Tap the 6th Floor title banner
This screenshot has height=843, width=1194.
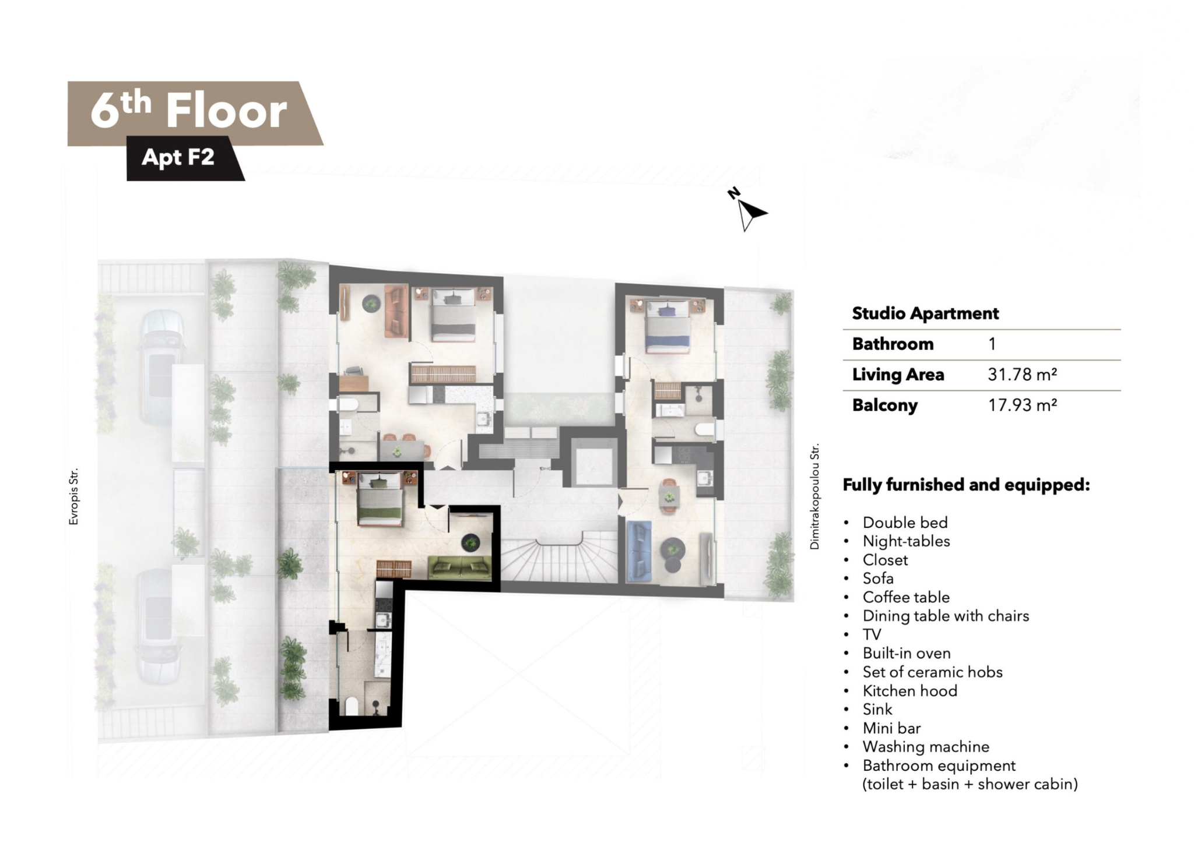195,113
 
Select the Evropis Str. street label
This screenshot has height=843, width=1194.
73,496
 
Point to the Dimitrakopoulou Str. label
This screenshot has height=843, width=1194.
814,496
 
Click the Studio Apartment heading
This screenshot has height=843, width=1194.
925,313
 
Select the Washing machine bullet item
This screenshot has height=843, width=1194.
926,746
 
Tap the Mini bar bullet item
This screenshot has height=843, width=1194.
891,728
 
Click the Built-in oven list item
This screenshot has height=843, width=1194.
907,653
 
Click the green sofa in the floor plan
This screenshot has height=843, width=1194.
460,567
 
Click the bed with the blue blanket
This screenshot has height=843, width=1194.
668,326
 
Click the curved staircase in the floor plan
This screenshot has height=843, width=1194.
559,559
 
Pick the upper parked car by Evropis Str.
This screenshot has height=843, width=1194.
157,367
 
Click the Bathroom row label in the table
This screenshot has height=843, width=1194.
893,344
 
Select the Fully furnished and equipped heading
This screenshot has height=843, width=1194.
966,485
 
